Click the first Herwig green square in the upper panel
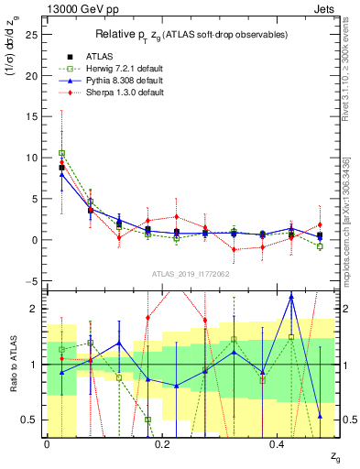tap(61, 153)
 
